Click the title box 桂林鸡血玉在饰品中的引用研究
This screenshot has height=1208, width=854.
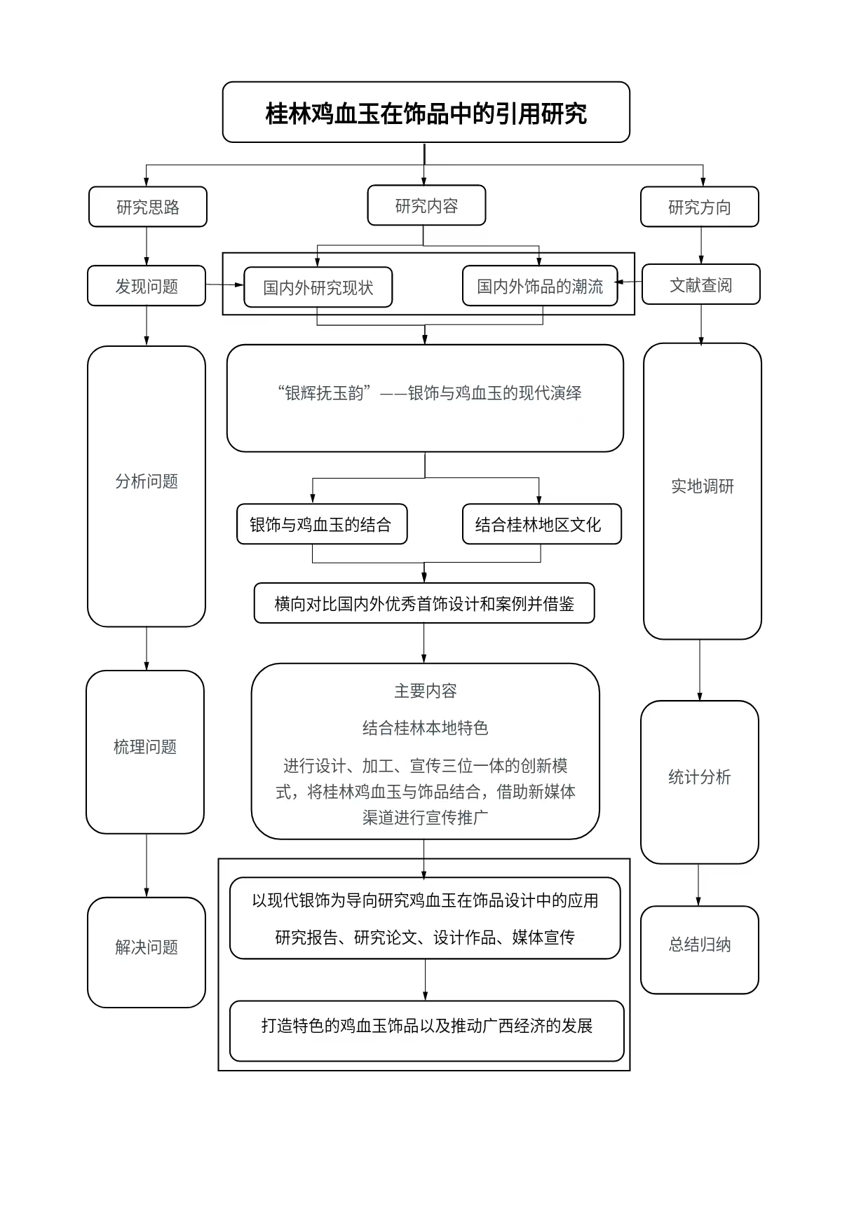click(x=426, y=113)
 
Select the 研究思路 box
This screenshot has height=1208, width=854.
click(x=148, y=207)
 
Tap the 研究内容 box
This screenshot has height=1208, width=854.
click(x=426, y=205)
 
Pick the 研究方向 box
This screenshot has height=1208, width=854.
click(x=699, y=207)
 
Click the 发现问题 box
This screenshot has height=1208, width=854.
click(x=147, y=286)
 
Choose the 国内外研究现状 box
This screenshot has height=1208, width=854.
click(x=318, y=287)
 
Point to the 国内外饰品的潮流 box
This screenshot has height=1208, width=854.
click(x=540, y=286)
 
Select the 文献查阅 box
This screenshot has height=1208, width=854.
click(x=700, y=284)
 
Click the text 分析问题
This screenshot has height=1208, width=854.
click(x=147, y=481)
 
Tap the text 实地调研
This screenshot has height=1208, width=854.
click(x=702, y=486)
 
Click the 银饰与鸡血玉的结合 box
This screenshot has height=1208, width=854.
click(x=321, y=524)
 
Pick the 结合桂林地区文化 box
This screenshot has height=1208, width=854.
click(x=541, y=524)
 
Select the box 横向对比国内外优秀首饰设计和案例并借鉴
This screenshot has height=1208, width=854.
click(x=424, y=603)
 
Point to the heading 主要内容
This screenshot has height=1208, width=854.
click(x=425, y=691)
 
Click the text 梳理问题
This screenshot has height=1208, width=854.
click(x=145, y=747)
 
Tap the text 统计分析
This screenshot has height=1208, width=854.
click(x=699, y=776)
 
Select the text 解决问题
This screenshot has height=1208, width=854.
click(x=147, y=947)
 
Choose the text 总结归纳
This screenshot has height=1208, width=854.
click(x=699, y=945)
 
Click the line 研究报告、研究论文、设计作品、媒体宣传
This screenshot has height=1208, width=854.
click(x=425, y=938)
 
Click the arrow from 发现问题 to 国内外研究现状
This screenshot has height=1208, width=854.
click(x=224, y=285)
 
